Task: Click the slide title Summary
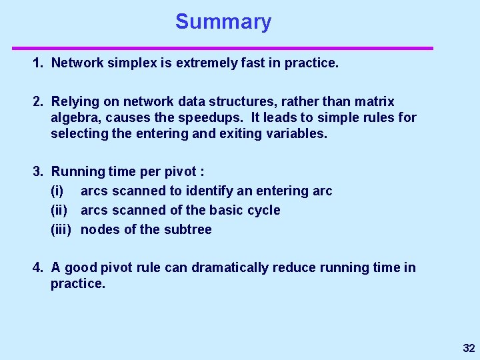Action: pyautogui.click(x=223, y=22)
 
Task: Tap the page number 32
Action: pyautogui.click(x=469, y=348)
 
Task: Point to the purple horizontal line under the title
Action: pyautogui.click(x=223, y=48)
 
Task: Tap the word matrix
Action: pyautogui.click(x=374, y=102)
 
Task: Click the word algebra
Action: pyautogui.click(x=75, y=119)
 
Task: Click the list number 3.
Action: pyautogui.click(x=37, y=172)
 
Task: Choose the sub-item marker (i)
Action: pyautogui.click(x=57, y=191)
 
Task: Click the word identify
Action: pyautogui.click(x=209, y=191)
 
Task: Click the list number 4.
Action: pyautogui.click(x=37, y=268)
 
